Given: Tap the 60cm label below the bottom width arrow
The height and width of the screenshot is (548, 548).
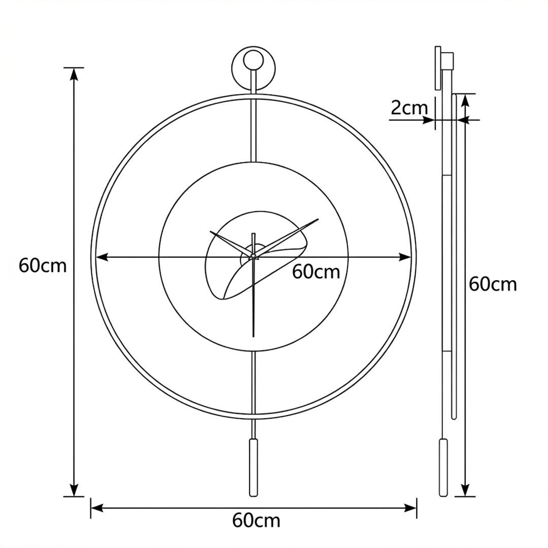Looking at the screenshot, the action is (x=256, y=521).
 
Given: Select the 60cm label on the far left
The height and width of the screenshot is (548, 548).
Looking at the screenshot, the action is (x=43, y=265).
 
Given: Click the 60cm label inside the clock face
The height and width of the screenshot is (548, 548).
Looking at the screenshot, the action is (x=316, y=271).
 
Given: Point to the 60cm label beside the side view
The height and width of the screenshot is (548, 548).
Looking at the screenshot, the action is (x=492, y=284).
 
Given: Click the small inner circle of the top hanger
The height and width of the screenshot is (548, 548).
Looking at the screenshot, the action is (x=253, y=60).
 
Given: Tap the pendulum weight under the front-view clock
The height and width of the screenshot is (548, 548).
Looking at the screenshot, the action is (x=254, y=468).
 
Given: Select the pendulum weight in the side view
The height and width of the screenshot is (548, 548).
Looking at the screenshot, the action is (x=443, y=468).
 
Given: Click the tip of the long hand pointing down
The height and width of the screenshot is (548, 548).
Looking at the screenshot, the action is (x=254, y=336).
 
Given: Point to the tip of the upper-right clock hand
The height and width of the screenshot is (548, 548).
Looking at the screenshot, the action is (x=318, y=219).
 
